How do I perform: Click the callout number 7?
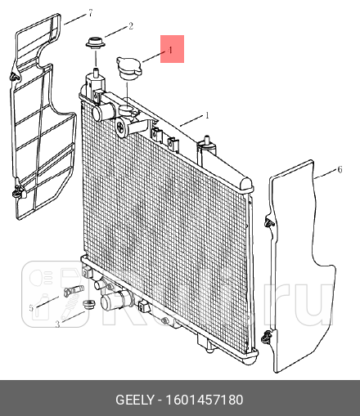pyautogui.click(x=91, y=13)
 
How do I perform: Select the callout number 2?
pyautogui.click(x=131, y=26)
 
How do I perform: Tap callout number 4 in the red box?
pyautogui.click(x=170, y=50)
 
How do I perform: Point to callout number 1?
pyautogui.click(x=207, y=115)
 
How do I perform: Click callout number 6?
pyautogui.click(x=340, y=170)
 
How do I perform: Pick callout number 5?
pyautogui.click(x=31, y=308)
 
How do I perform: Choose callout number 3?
pyautogui.click(x=57, y=324)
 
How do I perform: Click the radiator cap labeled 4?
pyautogui.click(x=128, y=69)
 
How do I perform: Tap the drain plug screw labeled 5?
pyautogui.click(x=74, y=290)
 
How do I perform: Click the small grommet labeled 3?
pyautogui.click(x=89, y=304)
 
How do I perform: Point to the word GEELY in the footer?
pyautogui.click(x=135, y=400)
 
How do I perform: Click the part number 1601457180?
pyautogui.click(x=205, y=400)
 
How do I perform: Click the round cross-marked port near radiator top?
pyautogui.click(x=121, y=128)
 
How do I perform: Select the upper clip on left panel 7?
pyautogui.click(x=15, y=77)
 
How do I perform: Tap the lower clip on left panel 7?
pyautogui.click(x=18, y=191)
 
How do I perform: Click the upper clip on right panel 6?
pyautogui.click(x=269, y=223)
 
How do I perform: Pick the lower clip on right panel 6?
pyautogui.click(x=268, y=338)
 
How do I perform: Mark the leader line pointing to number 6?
pyautogui.click(x=325, y=175)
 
